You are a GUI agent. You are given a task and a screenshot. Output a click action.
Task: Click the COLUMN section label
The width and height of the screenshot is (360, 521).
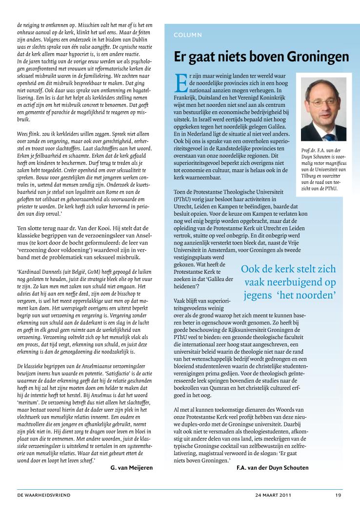coord(188,35)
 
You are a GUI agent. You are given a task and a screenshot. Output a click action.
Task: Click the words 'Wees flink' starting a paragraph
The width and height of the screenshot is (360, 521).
coord(28,134)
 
